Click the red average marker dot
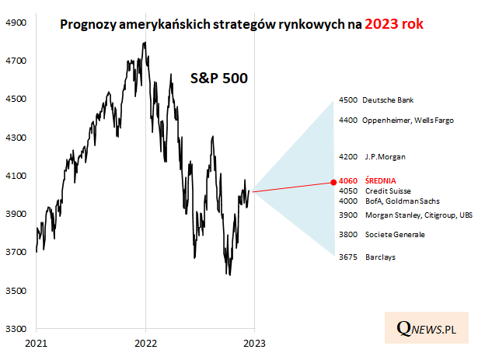[x=333, y=180]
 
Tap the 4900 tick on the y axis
[x=17, y=23]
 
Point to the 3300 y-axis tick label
[x=17, y=329]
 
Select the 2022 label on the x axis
[x=146, y=341]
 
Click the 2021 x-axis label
[x=37, y=341]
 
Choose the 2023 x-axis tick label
[x=255, y=341]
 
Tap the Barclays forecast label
[x=380, y=257]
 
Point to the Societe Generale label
[x=396, y=234]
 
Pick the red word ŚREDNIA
[x=382, y=180]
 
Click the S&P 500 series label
[x=220, y=78]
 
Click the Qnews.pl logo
[x=425, y=329]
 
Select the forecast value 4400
[x=348, y=121]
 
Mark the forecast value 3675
[x=348, y=257]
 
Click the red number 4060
[x=348, y=180]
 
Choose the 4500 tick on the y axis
[x=17, y=99]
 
